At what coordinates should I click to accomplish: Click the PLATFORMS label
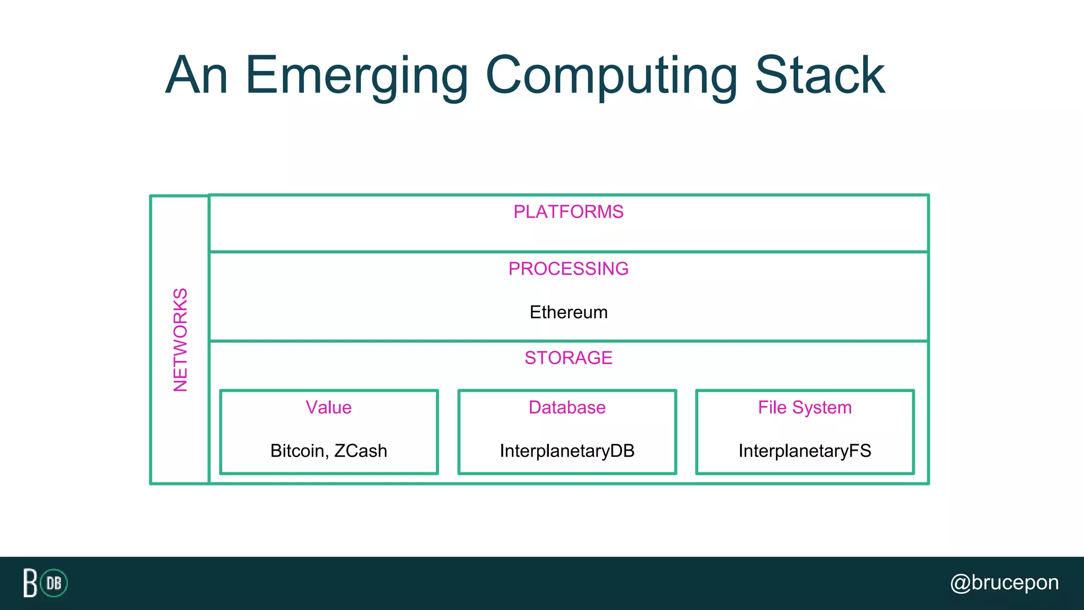568,212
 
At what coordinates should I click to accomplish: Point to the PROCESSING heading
568,269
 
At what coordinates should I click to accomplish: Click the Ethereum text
568,312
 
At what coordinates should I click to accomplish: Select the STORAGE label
568,358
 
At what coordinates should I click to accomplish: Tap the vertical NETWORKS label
180,340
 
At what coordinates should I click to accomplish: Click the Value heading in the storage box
329,408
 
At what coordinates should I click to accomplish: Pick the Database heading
567,408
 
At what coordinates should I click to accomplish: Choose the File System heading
805,408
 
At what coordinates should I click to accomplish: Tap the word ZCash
360,451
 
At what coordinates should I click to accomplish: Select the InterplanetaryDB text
567,451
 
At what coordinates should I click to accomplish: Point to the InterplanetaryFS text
805,451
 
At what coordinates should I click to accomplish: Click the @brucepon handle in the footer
1005,583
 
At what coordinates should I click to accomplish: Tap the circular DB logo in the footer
54,583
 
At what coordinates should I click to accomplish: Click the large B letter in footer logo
30,583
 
